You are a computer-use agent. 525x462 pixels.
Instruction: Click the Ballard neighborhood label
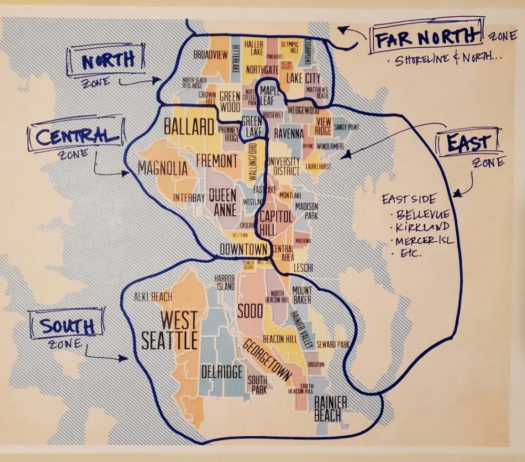click(190, 126)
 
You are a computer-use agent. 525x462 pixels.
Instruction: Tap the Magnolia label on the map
click(163, 168)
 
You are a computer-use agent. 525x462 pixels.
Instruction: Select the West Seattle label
click(170, 330)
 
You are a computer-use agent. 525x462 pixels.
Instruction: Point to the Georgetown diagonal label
click(267, 360)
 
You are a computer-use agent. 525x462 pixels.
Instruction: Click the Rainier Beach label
click(330, 409)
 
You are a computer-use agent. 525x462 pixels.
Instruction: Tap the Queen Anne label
click(223, 202)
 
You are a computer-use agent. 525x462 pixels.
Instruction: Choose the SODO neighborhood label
click(249, 310)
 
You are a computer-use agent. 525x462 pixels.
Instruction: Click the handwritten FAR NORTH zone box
click(426, 37)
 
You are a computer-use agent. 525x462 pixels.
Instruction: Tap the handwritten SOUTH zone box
click(67, 326)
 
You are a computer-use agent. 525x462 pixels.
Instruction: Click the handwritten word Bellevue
click(423, 215)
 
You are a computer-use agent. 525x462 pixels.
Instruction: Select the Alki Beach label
click(153, 297)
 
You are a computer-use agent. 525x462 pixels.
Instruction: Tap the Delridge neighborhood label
click(222, 371)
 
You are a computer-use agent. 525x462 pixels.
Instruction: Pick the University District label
click(283, 166)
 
